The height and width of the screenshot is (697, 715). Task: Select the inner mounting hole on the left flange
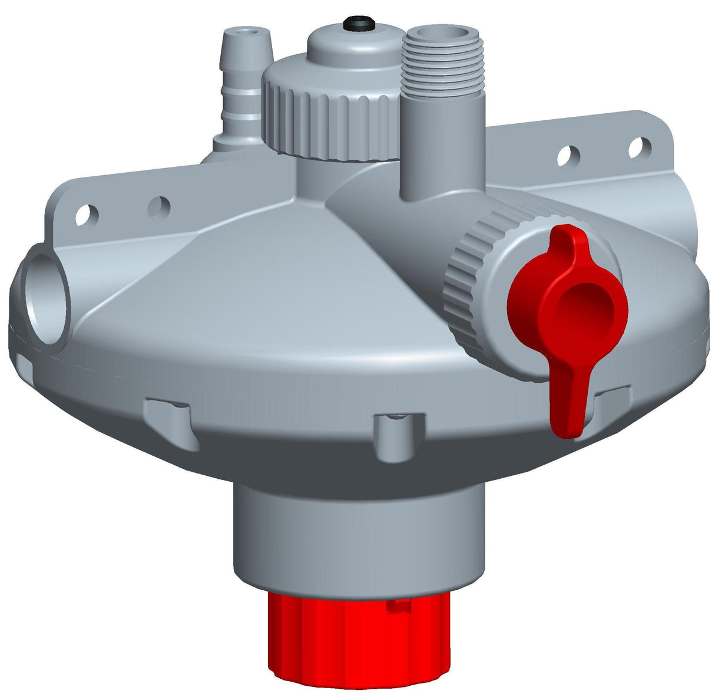click(159, 207)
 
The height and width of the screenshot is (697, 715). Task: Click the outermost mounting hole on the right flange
click(639, 146)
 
